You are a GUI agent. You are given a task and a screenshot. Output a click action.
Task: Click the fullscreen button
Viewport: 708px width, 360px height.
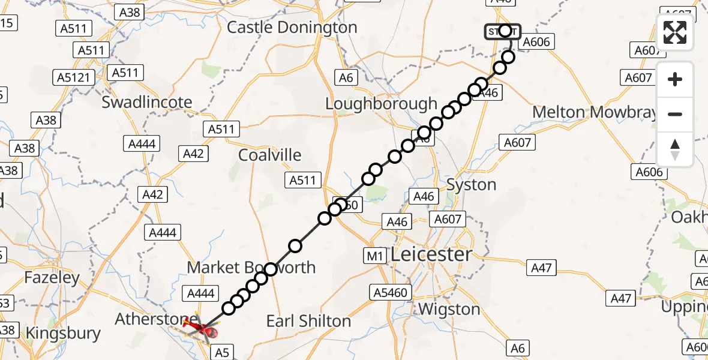pyautogui.click(x=675, y=32)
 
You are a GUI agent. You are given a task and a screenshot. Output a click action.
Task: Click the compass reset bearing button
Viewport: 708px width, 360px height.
pyautogui.click(x=675, y=149)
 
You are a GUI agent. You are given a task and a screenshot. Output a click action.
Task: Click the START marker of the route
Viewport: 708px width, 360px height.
pyautogui.click(x=503, y=31)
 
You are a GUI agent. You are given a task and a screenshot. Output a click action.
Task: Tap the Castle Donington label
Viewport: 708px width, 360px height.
pyautogui.click(x=292, y=28)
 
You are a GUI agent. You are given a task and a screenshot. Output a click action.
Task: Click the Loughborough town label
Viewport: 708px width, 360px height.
pyautogui.click(x=381, y=103)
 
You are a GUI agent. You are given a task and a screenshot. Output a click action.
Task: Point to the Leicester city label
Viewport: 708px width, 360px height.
pyautogui.click(x=431, y=254)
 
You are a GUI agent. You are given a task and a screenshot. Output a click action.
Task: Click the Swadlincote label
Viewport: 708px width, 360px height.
pyautogui.click(x=147, y=102)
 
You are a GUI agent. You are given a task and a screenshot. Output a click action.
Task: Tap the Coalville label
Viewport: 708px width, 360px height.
pyautogui.click(x=269, y=155)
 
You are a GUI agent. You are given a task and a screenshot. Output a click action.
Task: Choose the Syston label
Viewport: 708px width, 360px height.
pyautogui.click(x=472, y=184)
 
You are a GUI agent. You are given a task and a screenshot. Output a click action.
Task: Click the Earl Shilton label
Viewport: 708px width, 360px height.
pyautogui.click(x=308, y=321)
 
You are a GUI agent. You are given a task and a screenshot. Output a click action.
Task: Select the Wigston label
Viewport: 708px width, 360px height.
pyautogui.click(x=449, y=310)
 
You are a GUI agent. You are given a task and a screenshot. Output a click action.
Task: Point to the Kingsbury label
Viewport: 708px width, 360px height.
pyautogui.click(x=64, y=333)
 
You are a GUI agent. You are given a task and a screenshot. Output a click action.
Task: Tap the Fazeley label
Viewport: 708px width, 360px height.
pyautogui.click(x=52, y=278)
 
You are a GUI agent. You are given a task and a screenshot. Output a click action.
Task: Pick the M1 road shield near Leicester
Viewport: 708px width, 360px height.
pyautogui.click(x=375, y=256)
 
